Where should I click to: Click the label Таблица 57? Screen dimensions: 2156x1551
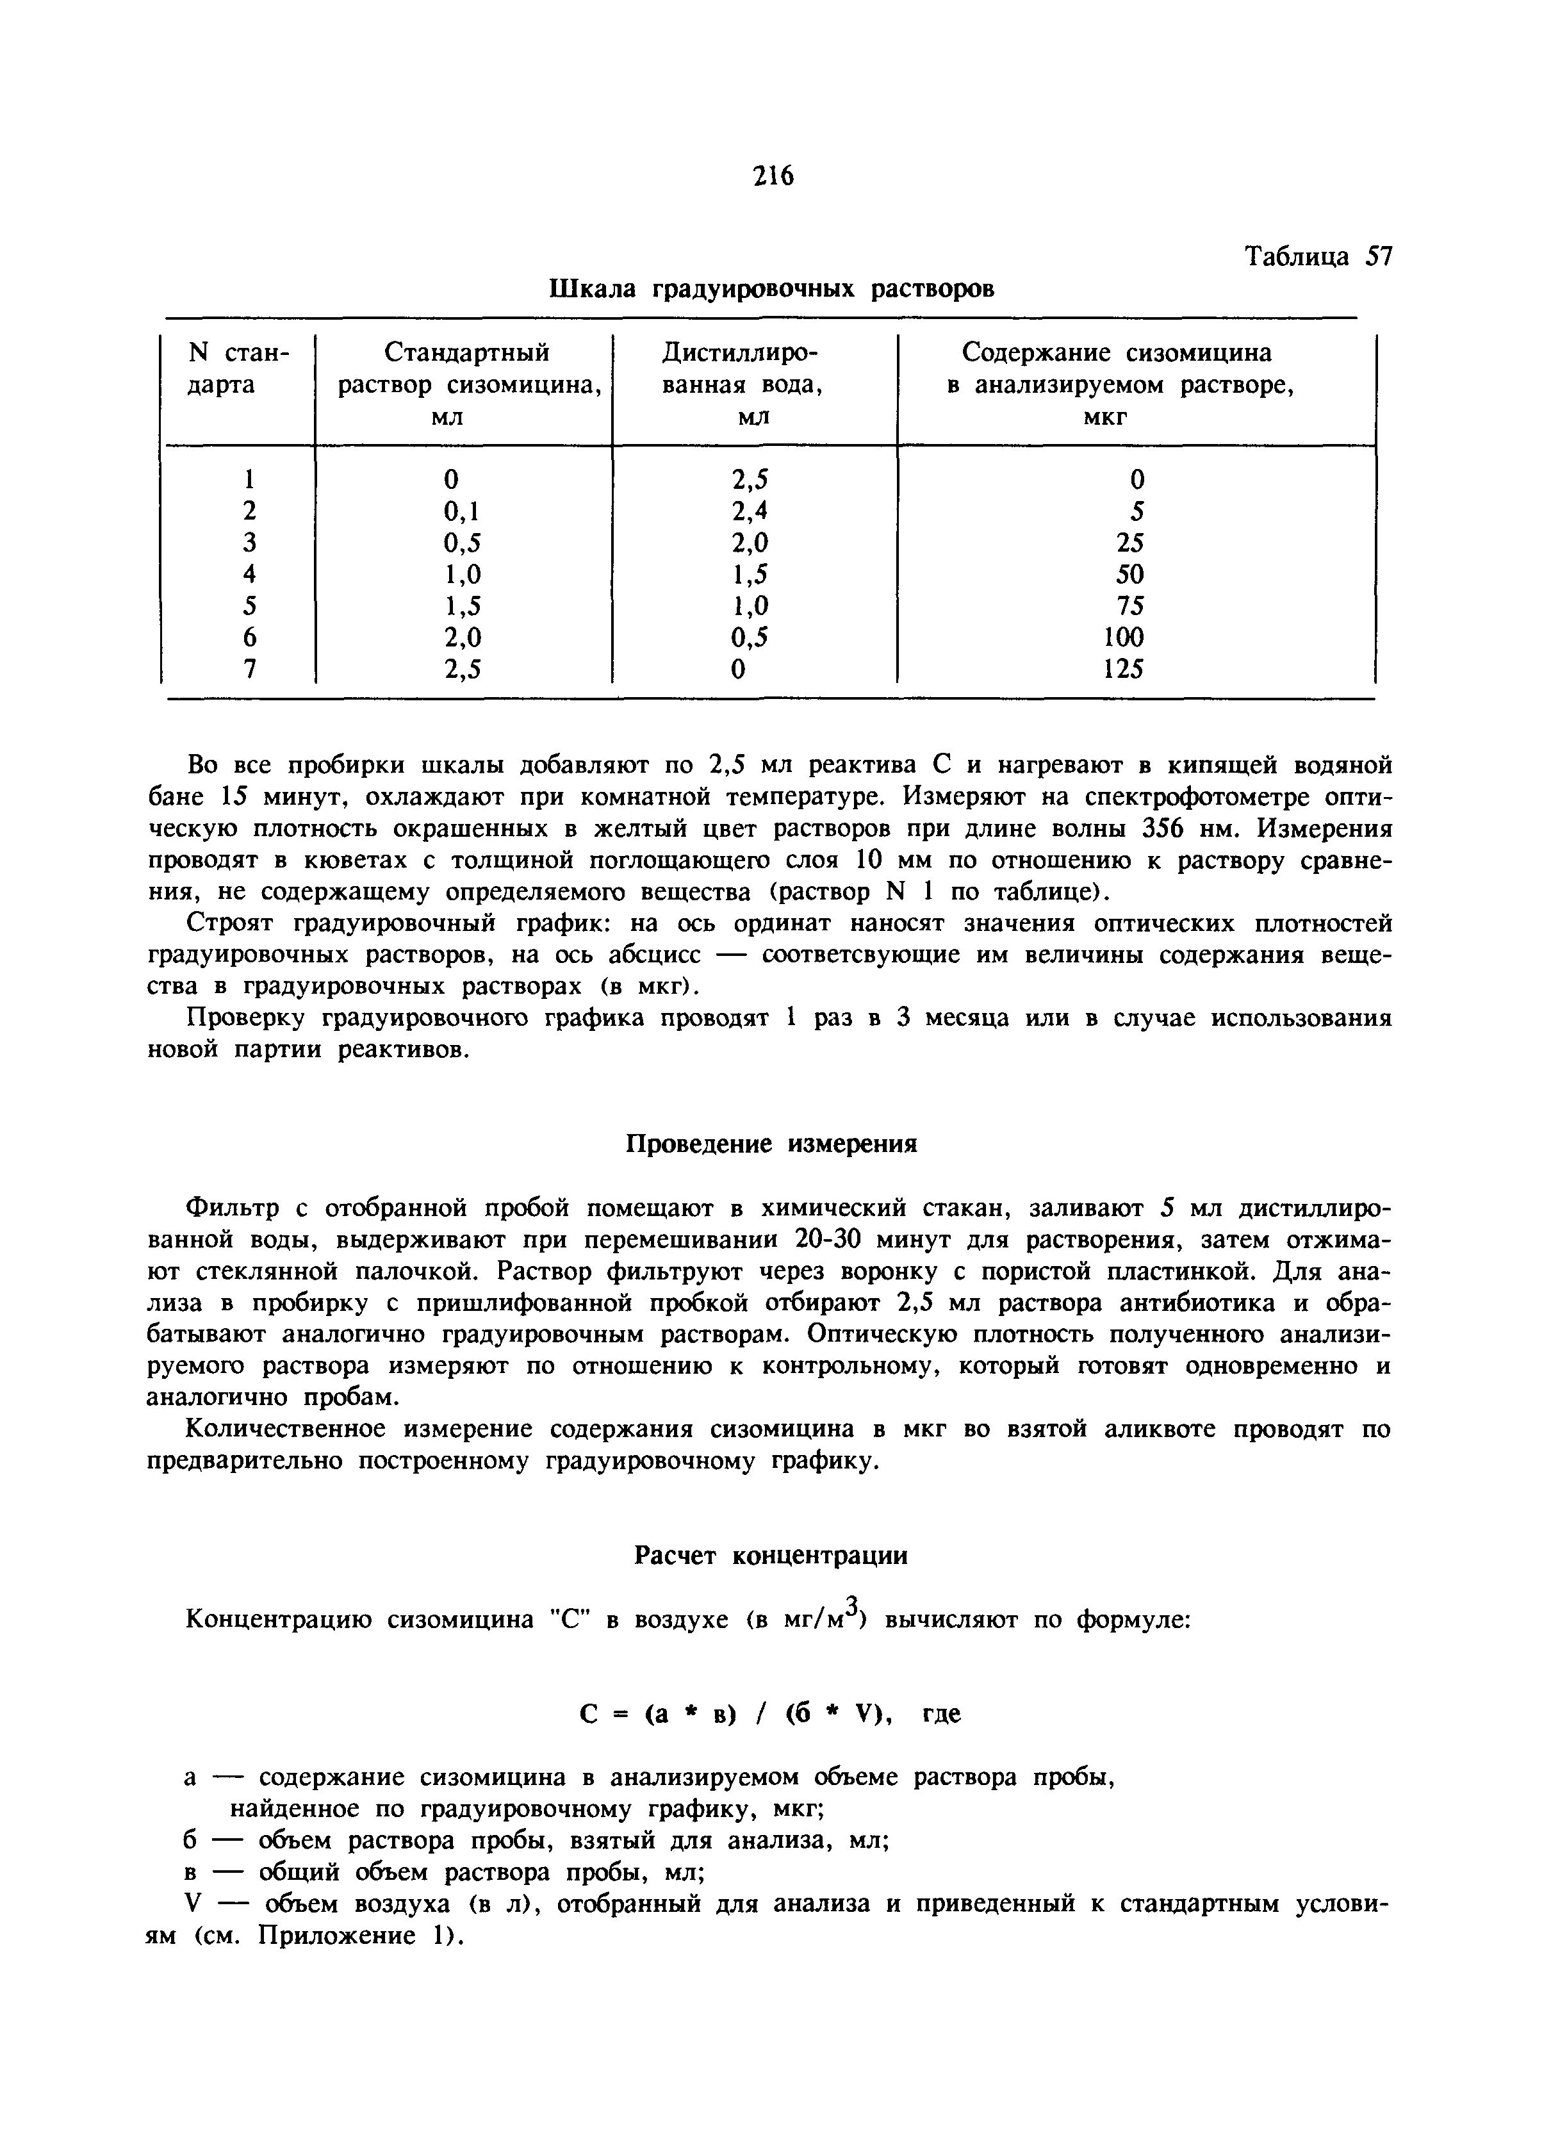tap(1318, 257)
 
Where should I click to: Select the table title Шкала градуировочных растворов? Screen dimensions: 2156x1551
tap(772, 288)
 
